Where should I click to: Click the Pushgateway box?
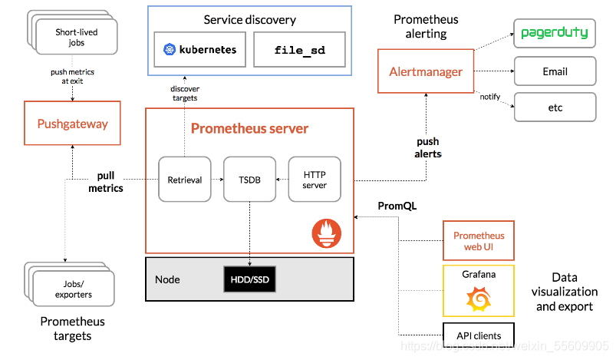click(x=73, y=124)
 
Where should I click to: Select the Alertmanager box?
click(x=426, y=72)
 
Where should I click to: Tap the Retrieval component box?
click(x=184, y=180)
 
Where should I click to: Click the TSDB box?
click(x=249, y=180)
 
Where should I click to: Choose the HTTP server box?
click(x=315, y=180)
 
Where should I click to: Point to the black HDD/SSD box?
click(x=249, y=279)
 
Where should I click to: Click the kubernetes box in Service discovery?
click(x=199, y=51)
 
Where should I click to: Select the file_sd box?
click(x=299, y=51)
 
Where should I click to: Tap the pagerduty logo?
click(x=555, y=33)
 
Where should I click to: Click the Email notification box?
click(x=555, y=71)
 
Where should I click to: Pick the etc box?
click(x=555, y=107)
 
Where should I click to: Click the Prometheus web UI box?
click(x=479, y=241)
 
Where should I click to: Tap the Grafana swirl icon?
click(x=479, y=298)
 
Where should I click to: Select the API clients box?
click(x=479, y=335)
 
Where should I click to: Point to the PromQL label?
click(x=396, y=206)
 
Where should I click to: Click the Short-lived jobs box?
click(x=76, y=38)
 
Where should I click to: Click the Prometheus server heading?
click(x=249, y=128)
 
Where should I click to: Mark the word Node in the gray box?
click(x=167, y=279)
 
